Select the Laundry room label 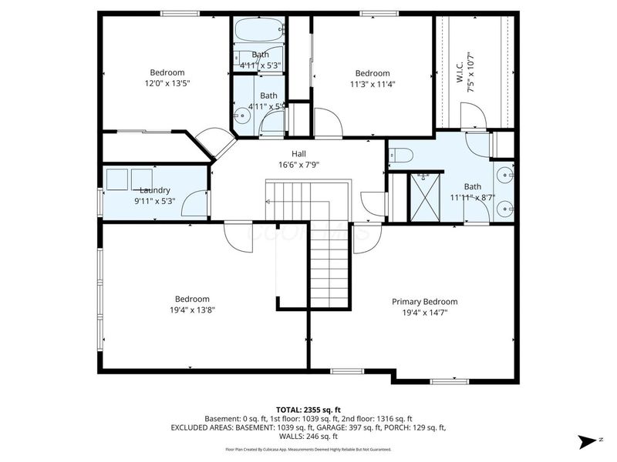tap(154, 190)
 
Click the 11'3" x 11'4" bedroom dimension tap(372, 85)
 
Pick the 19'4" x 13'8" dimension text tap(191, 310)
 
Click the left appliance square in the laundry tap(118, 179)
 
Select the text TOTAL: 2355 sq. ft tap(308, 409)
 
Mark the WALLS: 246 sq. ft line tap(308, 436)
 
